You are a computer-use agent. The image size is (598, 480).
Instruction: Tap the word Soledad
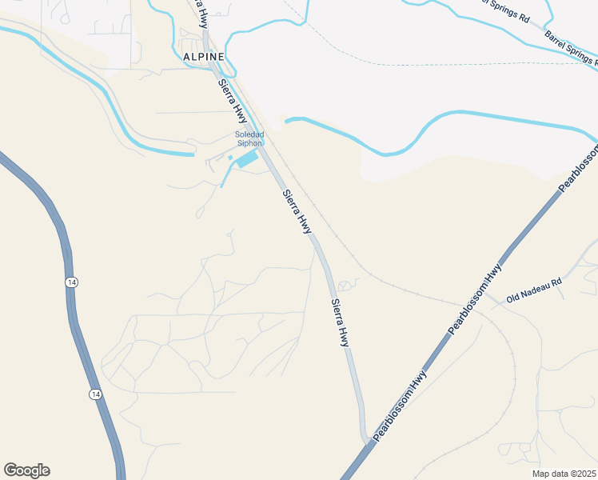[x=249, y=134]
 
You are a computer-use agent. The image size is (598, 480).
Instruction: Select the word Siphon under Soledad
[x=249, y=143]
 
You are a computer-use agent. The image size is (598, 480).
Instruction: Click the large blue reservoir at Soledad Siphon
[x=247, y=158]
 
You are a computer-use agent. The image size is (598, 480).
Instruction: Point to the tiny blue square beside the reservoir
[x=230, y=158]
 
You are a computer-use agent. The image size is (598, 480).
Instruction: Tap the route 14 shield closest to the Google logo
[x=95, y=394]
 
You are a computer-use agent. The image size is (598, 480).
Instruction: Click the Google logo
[x=26, y=470]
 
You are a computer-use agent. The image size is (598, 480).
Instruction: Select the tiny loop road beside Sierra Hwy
[x=346, y=286]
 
